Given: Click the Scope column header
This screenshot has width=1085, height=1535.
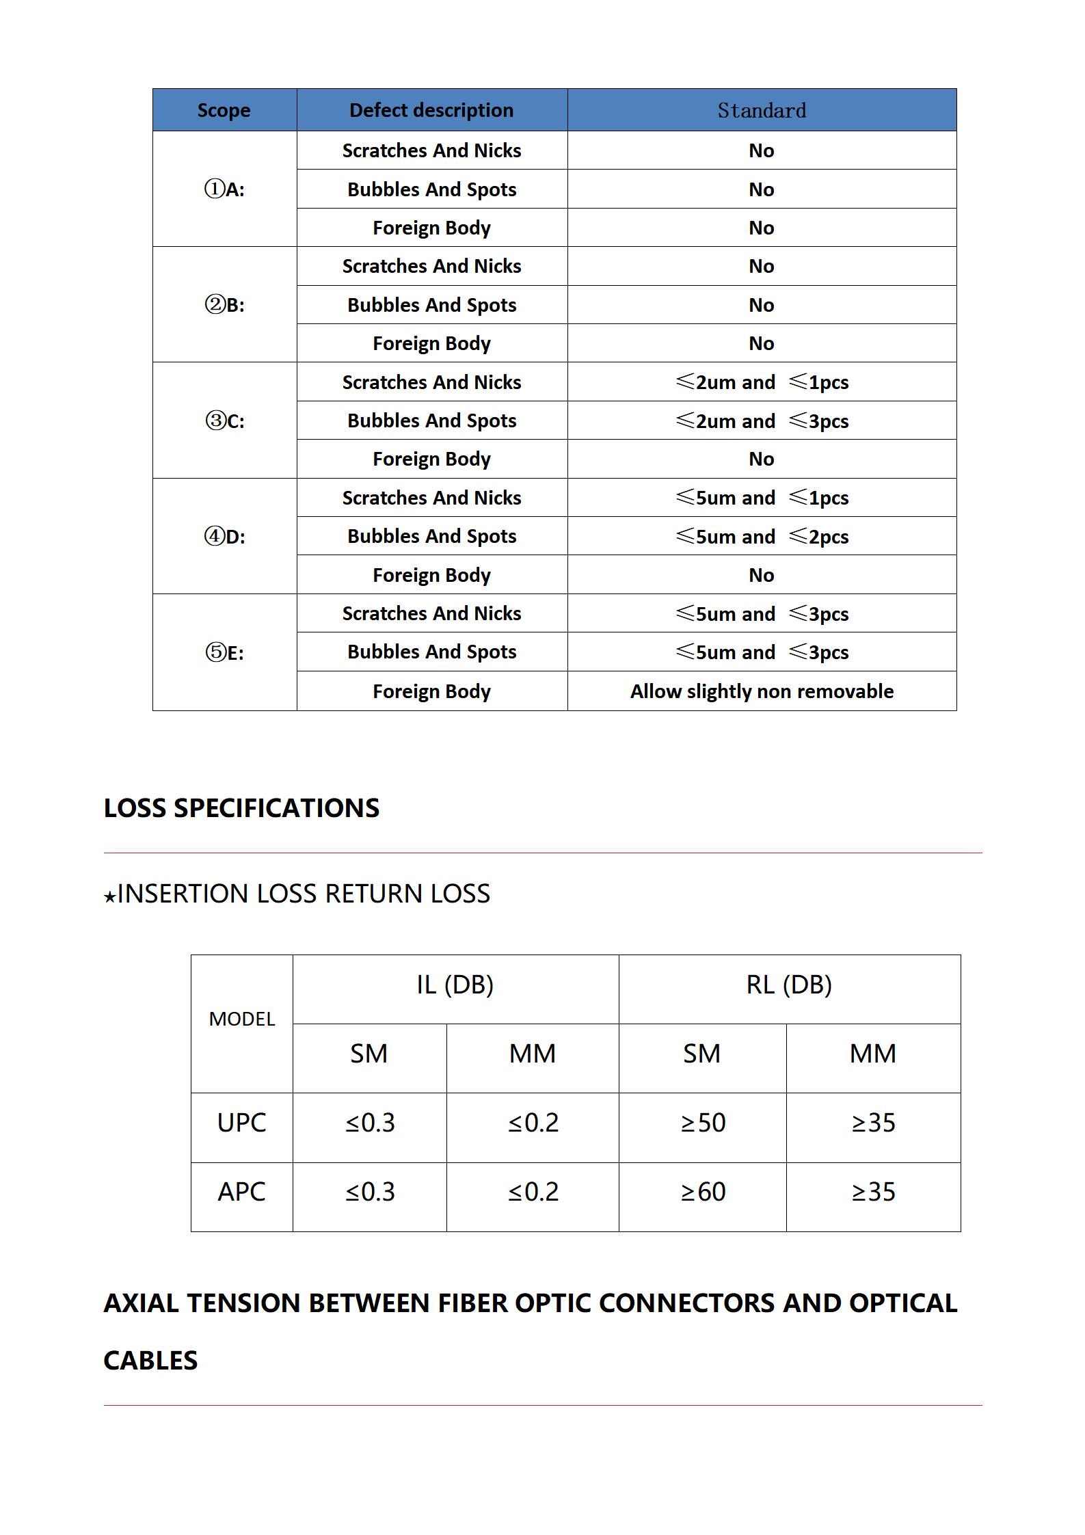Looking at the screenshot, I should [x=224, y=110].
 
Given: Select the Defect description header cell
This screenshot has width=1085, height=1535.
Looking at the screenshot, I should [x=431, y=110].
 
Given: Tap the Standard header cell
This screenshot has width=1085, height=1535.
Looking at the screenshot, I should [x=762, y=110].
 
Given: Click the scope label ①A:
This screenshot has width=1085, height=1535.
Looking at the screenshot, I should [x=224, y=189].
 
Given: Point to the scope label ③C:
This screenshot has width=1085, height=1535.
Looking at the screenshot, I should [x=224, y=421].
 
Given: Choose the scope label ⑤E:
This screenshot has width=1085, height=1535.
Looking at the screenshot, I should [x=224, y=652].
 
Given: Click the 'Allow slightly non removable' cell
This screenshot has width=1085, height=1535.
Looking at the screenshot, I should [x=762, y=691].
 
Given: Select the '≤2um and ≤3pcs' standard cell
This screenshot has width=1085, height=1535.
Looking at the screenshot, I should [x=762, y=421].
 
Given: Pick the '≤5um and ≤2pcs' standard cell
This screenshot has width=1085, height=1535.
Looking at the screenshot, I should [x=762, y=537].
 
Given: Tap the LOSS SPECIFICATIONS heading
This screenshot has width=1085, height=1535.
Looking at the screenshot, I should [x=241, y=808].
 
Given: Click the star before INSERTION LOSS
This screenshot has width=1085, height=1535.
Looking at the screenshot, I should [x=109, y=896].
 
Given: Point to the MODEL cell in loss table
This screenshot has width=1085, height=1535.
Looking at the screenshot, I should [x=242, y=1019].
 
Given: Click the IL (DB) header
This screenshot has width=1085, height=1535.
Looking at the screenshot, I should [x=455, y=985].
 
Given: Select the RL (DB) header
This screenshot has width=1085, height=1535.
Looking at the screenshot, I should [x=789, y=985].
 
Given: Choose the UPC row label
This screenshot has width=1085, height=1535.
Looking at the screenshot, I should [x=242, y=1123].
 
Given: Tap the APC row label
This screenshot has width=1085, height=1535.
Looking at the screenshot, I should [x=242, y=1192].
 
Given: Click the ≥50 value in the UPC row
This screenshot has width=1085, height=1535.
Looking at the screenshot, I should [x=703, y=1123].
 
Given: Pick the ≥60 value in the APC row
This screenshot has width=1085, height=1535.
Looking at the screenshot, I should [x=703, y=1192].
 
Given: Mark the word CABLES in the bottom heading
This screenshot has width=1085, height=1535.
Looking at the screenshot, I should [x=150, y=1361].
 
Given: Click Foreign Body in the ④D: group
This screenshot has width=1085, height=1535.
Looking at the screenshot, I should [x=431, y=575].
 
